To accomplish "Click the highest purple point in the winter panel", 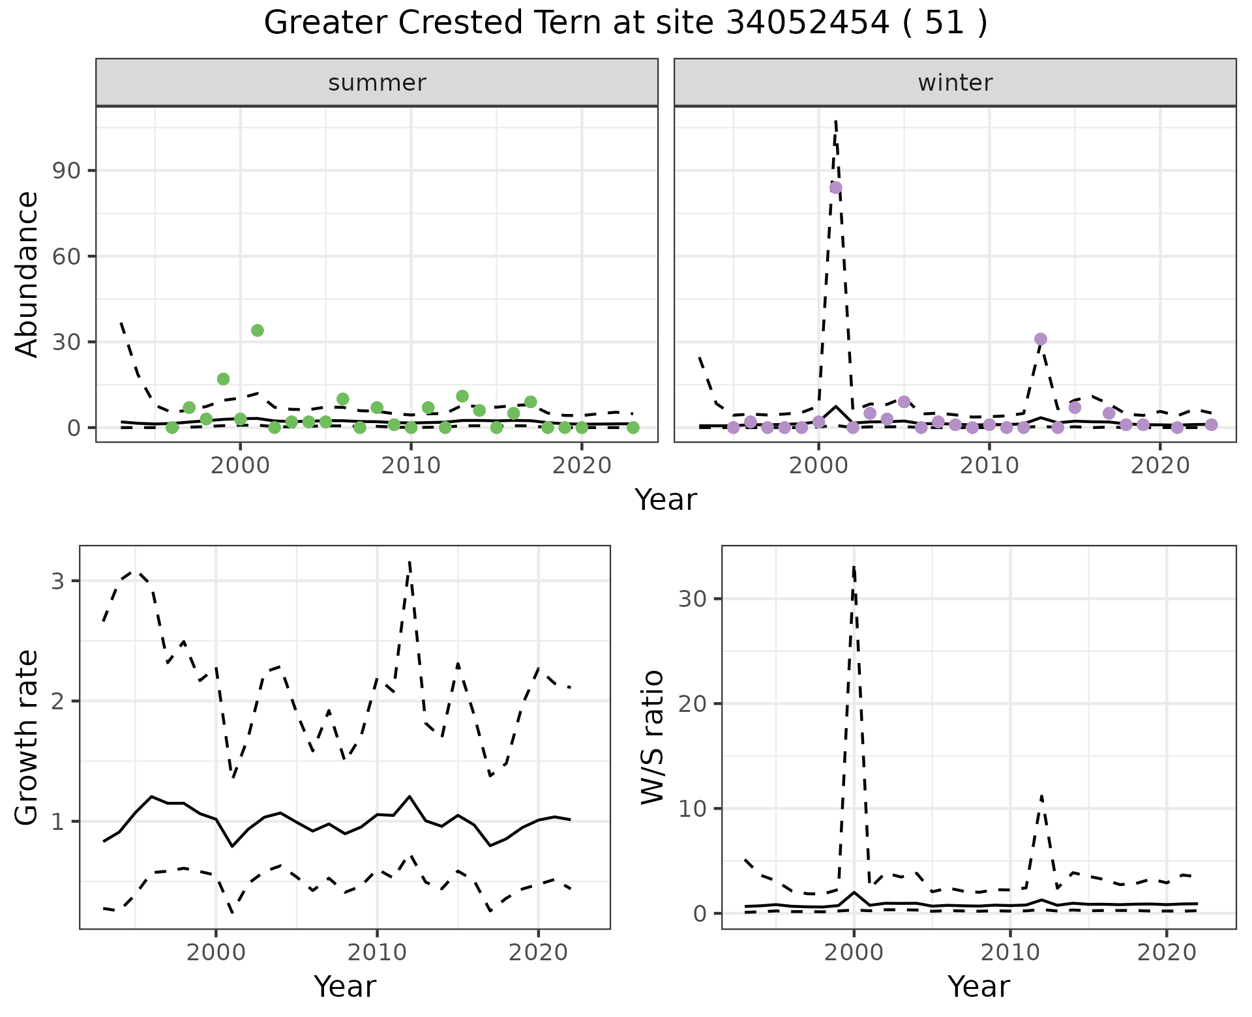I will coord(835,188).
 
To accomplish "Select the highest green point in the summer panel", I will coord(258,331).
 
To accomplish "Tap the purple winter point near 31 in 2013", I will coord(1041,339).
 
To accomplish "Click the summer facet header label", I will coord(377,83).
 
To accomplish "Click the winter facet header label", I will coord(955,83).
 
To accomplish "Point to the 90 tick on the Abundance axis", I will coord(65,171).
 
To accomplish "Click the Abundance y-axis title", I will coord(27,274).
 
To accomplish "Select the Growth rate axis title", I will coord(27,738).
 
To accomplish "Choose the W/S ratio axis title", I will coord(652,738).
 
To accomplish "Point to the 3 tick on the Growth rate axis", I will coord(57,581).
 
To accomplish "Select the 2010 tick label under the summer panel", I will coord(411,466).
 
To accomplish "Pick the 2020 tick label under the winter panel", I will coord(1160,466).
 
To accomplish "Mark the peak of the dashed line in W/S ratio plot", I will coord(854,567).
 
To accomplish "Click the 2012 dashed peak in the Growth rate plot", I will coord(409,561).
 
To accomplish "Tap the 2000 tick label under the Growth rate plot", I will coord(216,952).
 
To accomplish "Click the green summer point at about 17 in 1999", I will coord(224,379).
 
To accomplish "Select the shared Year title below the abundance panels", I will coord(666,500).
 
